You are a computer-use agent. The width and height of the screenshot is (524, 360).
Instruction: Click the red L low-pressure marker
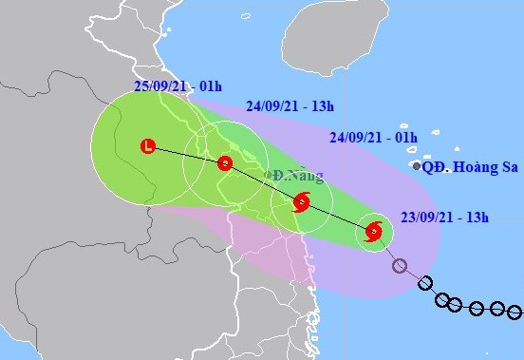147,146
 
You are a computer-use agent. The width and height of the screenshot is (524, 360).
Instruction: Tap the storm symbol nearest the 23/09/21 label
373,231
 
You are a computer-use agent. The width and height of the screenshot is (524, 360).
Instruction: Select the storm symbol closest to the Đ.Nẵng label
301,201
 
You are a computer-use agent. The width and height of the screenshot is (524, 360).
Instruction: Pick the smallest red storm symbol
225,162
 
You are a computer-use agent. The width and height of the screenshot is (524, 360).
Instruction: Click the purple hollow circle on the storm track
400,266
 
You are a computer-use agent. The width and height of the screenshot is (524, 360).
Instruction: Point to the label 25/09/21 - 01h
179,85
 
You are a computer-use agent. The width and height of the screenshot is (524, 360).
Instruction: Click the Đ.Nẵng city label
298,176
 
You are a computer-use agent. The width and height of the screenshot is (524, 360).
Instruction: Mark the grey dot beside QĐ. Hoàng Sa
416,166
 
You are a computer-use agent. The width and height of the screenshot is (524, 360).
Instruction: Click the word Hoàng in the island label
476,167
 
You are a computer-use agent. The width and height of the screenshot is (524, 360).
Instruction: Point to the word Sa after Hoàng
508,167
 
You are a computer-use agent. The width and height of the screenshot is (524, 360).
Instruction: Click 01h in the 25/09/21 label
211,85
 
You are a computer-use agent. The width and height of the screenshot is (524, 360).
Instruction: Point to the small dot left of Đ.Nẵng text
269,175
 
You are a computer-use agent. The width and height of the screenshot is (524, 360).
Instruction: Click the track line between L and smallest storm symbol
186,154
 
